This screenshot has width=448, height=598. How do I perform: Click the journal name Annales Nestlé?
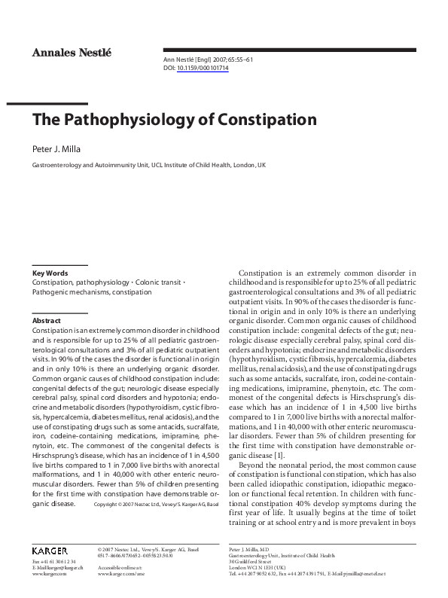71,52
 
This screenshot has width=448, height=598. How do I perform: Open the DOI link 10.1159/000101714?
203,68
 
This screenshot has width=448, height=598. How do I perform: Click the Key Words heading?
50,273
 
